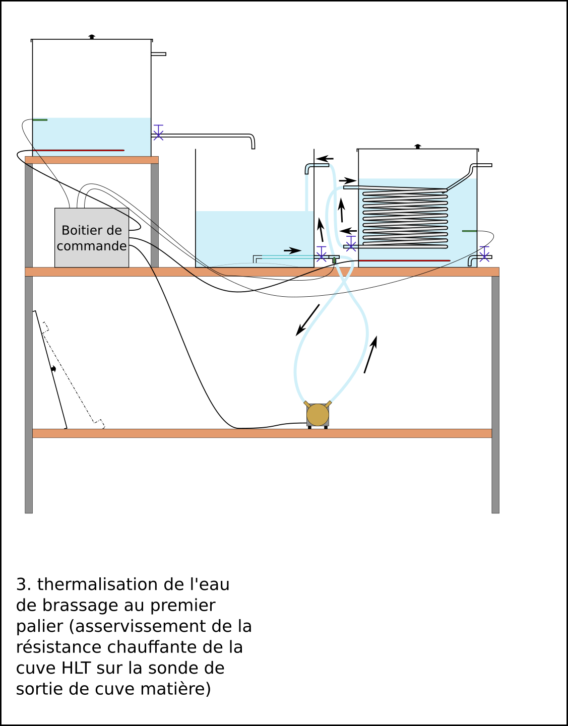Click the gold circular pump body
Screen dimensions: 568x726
coord(318,415)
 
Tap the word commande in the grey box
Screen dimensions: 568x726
coord(92,246)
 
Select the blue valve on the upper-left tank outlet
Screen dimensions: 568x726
coord(158,133)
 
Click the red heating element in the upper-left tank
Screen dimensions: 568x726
coord(79,150)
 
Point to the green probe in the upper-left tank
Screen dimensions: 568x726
coord(40,119)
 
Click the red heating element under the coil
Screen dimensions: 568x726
coord(404,260)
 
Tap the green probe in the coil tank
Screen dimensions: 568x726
coord(469,231)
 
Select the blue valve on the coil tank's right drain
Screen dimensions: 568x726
coord(484,254)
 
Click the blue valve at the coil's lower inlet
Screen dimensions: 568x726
coord(351,243)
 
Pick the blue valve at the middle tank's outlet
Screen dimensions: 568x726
coord(321,254)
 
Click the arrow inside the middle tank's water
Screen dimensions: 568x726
coord(292,250)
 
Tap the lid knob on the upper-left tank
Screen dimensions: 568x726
coord(92,36)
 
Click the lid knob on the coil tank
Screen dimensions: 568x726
coord(418,146)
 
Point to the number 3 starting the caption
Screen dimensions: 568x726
coord(21,584)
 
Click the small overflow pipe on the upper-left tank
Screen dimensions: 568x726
coord(158,54)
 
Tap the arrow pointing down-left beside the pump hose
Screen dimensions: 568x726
coord(308,320)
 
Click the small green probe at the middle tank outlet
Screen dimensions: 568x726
coord(334,260)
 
